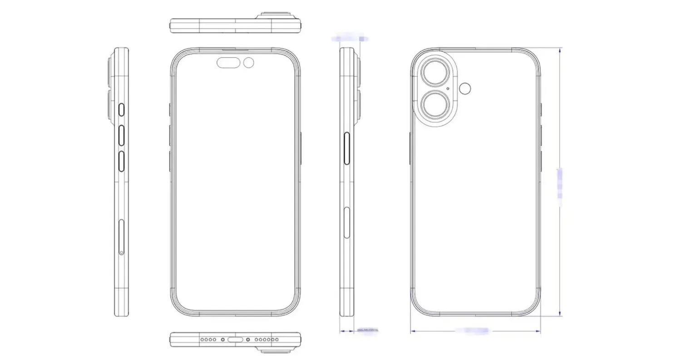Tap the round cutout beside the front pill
click(248, 63)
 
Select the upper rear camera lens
click(434, 73)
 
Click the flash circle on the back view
click(465, 88)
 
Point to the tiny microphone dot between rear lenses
click(448, 89)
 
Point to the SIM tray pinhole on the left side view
click(122, 252)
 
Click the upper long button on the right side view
click(347, 148)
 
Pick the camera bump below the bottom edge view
click(275, 350)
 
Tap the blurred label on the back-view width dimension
click(472, 330)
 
